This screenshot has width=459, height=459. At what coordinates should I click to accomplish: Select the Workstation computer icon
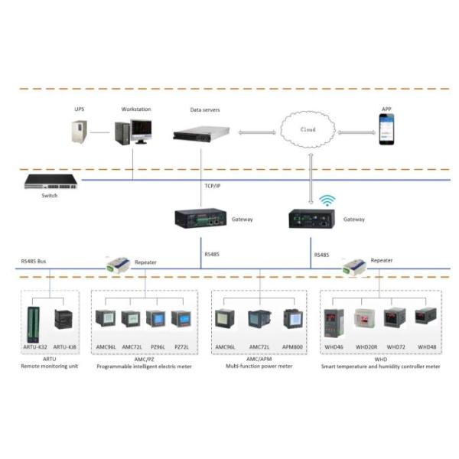[132, 132]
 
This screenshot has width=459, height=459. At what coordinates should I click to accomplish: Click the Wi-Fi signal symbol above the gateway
[328, 200]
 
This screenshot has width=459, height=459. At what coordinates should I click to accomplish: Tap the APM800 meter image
[292, 320]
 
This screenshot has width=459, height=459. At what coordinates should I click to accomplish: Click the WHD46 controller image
[330, 324]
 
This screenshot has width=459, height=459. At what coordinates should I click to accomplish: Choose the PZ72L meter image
[181, 320]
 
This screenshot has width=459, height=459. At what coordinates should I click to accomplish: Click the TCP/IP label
[213, 185]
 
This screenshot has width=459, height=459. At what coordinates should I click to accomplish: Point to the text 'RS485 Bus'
[35, 261]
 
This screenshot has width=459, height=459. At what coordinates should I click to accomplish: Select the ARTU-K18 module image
[65, 321]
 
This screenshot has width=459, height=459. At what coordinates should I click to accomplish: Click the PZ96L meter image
[155, 320]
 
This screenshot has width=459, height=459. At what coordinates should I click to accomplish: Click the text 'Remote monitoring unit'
[50, 366]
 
